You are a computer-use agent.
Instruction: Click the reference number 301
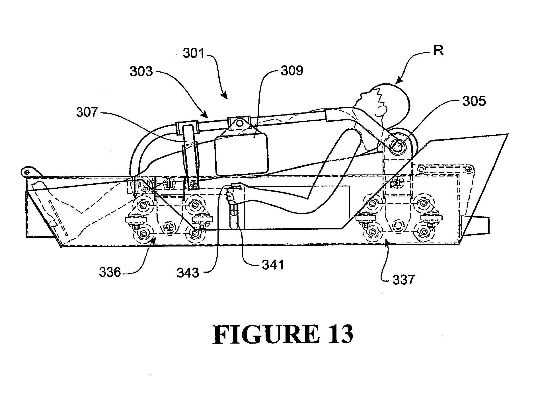click(194, 53)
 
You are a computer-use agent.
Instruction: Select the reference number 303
click(141, 71)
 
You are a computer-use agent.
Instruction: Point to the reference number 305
click(474, 101)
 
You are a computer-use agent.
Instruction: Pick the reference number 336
click(110, 273)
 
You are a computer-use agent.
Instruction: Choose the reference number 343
click(188, 273)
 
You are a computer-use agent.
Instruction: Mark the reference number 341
click(273, 265)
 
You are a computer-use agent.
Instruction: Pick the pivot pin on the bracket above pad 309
click(240, 123)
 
